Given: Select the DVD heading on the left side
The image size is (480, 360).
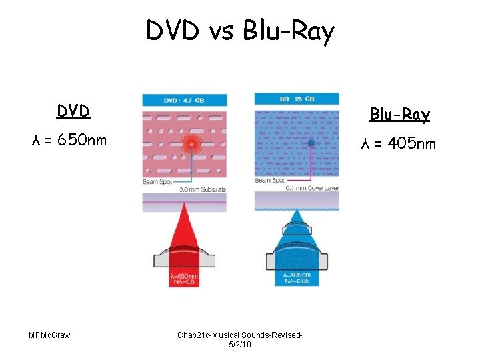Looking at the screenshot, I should pos(73,111).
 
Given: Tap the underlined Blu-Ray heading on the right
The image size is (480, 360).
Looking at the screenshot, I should pos(401,115).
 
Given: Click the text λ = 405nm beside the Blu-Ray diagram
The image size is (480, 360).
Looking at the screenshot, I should pos(398,144).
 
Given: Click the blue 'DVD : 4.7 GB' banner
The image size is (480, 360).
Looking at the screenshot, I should pos(184,100).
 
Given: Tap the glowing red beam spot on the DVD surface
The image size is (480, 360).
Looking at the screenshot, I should pos(191,143).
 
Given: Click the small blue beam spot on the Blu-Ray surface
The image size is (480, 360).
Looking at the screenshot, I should pos(311,143).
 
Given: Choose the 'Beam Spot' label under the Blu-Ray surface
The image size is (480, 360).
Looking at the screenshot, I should pos(269,180).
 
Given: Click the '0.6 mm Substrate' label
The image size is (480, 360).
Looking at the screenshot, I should pos(203,189).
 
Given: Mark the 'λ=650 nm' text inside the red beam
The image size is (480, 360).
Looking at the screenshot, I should pos(184,276).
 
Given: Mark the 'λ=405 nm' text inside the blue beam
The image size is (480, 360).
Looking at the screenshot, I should pos(296,275).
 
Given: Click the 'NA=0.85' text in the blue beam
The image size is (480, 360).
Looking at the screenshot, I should pos(296,282).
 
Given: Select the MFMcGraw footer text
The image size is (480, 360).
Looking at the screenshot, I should pos(50,334).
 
